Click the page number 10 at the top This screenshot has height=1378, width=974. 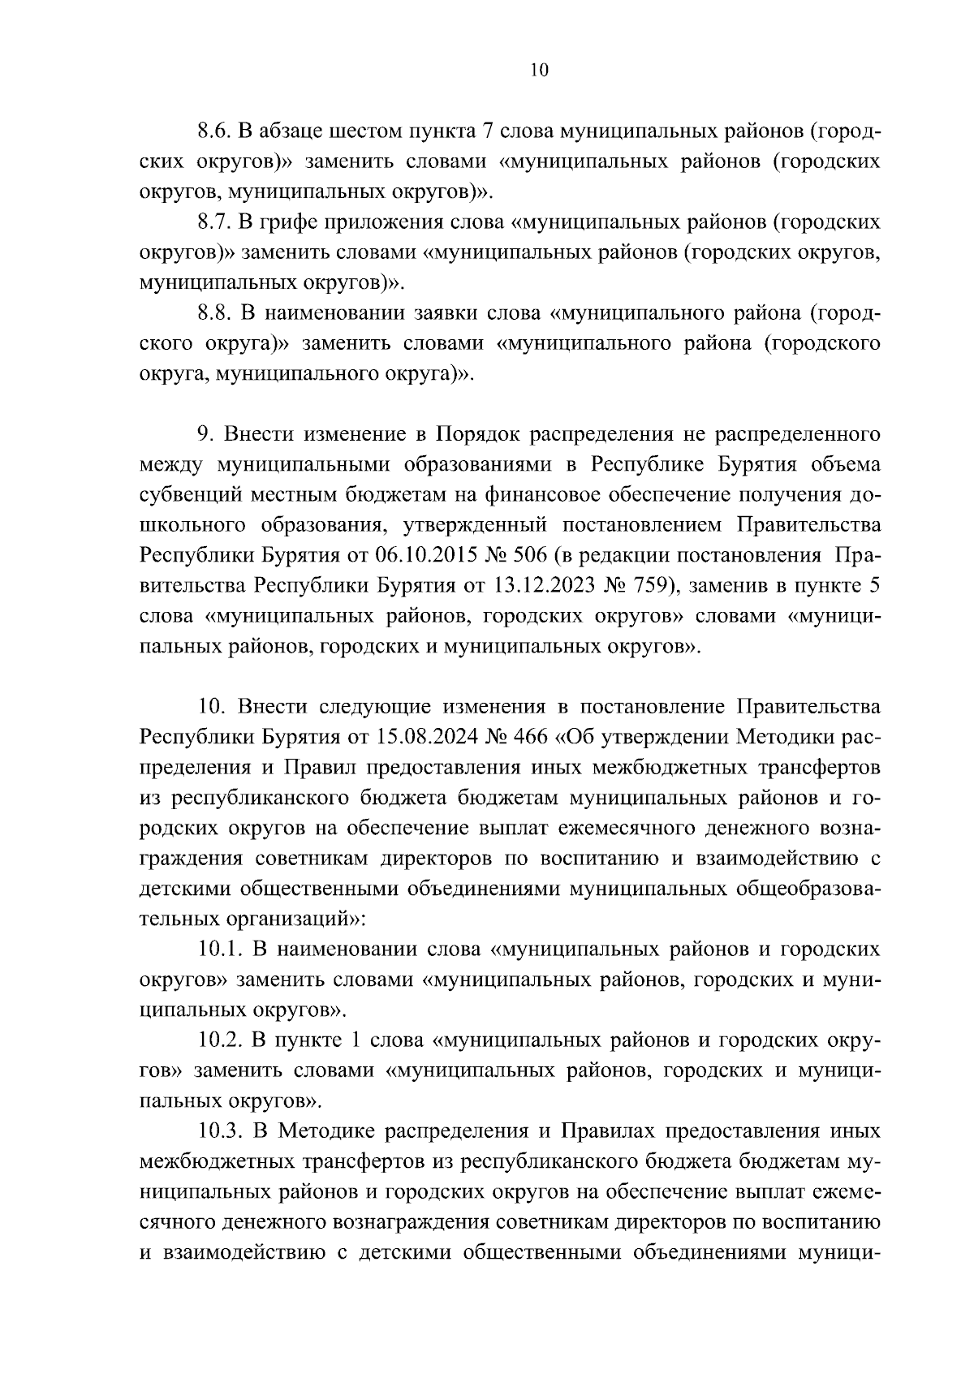pos(540,71)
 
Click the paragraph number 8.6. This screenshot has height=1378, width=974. pos(216,131)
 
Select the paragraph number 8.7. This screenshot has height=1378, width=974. pos(216,222)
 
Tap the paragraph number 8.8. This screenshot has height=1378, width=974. pos(216,313)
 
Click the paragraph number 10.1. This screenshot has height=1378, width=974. pos(221,949)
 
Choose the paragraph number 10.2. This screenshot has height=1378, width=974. pos(221,1040)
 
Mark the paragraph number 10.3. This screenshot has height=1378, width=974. pos(221,1130)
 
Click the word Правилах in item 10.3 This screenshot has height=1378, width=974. pos(613,1130)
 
